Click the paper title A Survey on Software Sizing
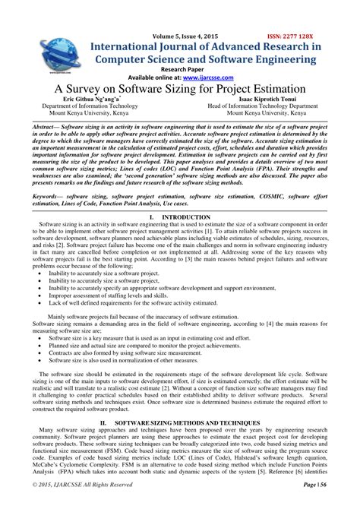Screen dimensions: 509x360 pyautogui.click(x=180, y=90)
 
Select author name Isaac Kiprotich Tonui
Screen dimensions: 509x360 pyautogui.click(x=263, y=100)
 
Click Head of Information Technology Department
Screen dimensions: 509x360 pyautogui.click(x=263, y=107)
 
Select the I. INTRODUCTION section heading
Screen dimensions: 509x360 pyautogui.click(x=180, y=217)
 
